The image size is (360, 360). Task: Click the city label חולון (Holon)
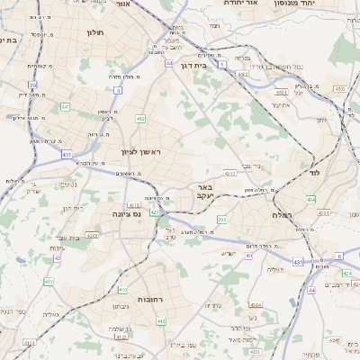click(x=96, y=32)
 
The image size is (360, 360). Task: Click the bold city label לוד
click(x=314, y=171)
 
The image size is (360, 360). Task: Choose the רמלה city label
click(x=283, y=216)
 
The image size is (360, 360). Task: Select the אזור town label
click(x=124, y=4)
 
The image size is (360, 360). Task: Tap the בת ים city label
click(x=9, y=40)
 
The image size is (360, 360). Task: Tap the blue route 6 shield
click(x=339, y=256)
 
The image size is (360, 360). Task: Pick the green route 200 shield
click(x=222, y=220)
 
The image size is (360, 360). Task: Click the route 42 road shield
click(x=58, y=258)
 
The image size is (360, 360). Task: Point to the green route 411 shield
click(x=48, y=282)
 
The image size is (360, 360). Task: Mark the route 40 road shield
click(x=248, y=256)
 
